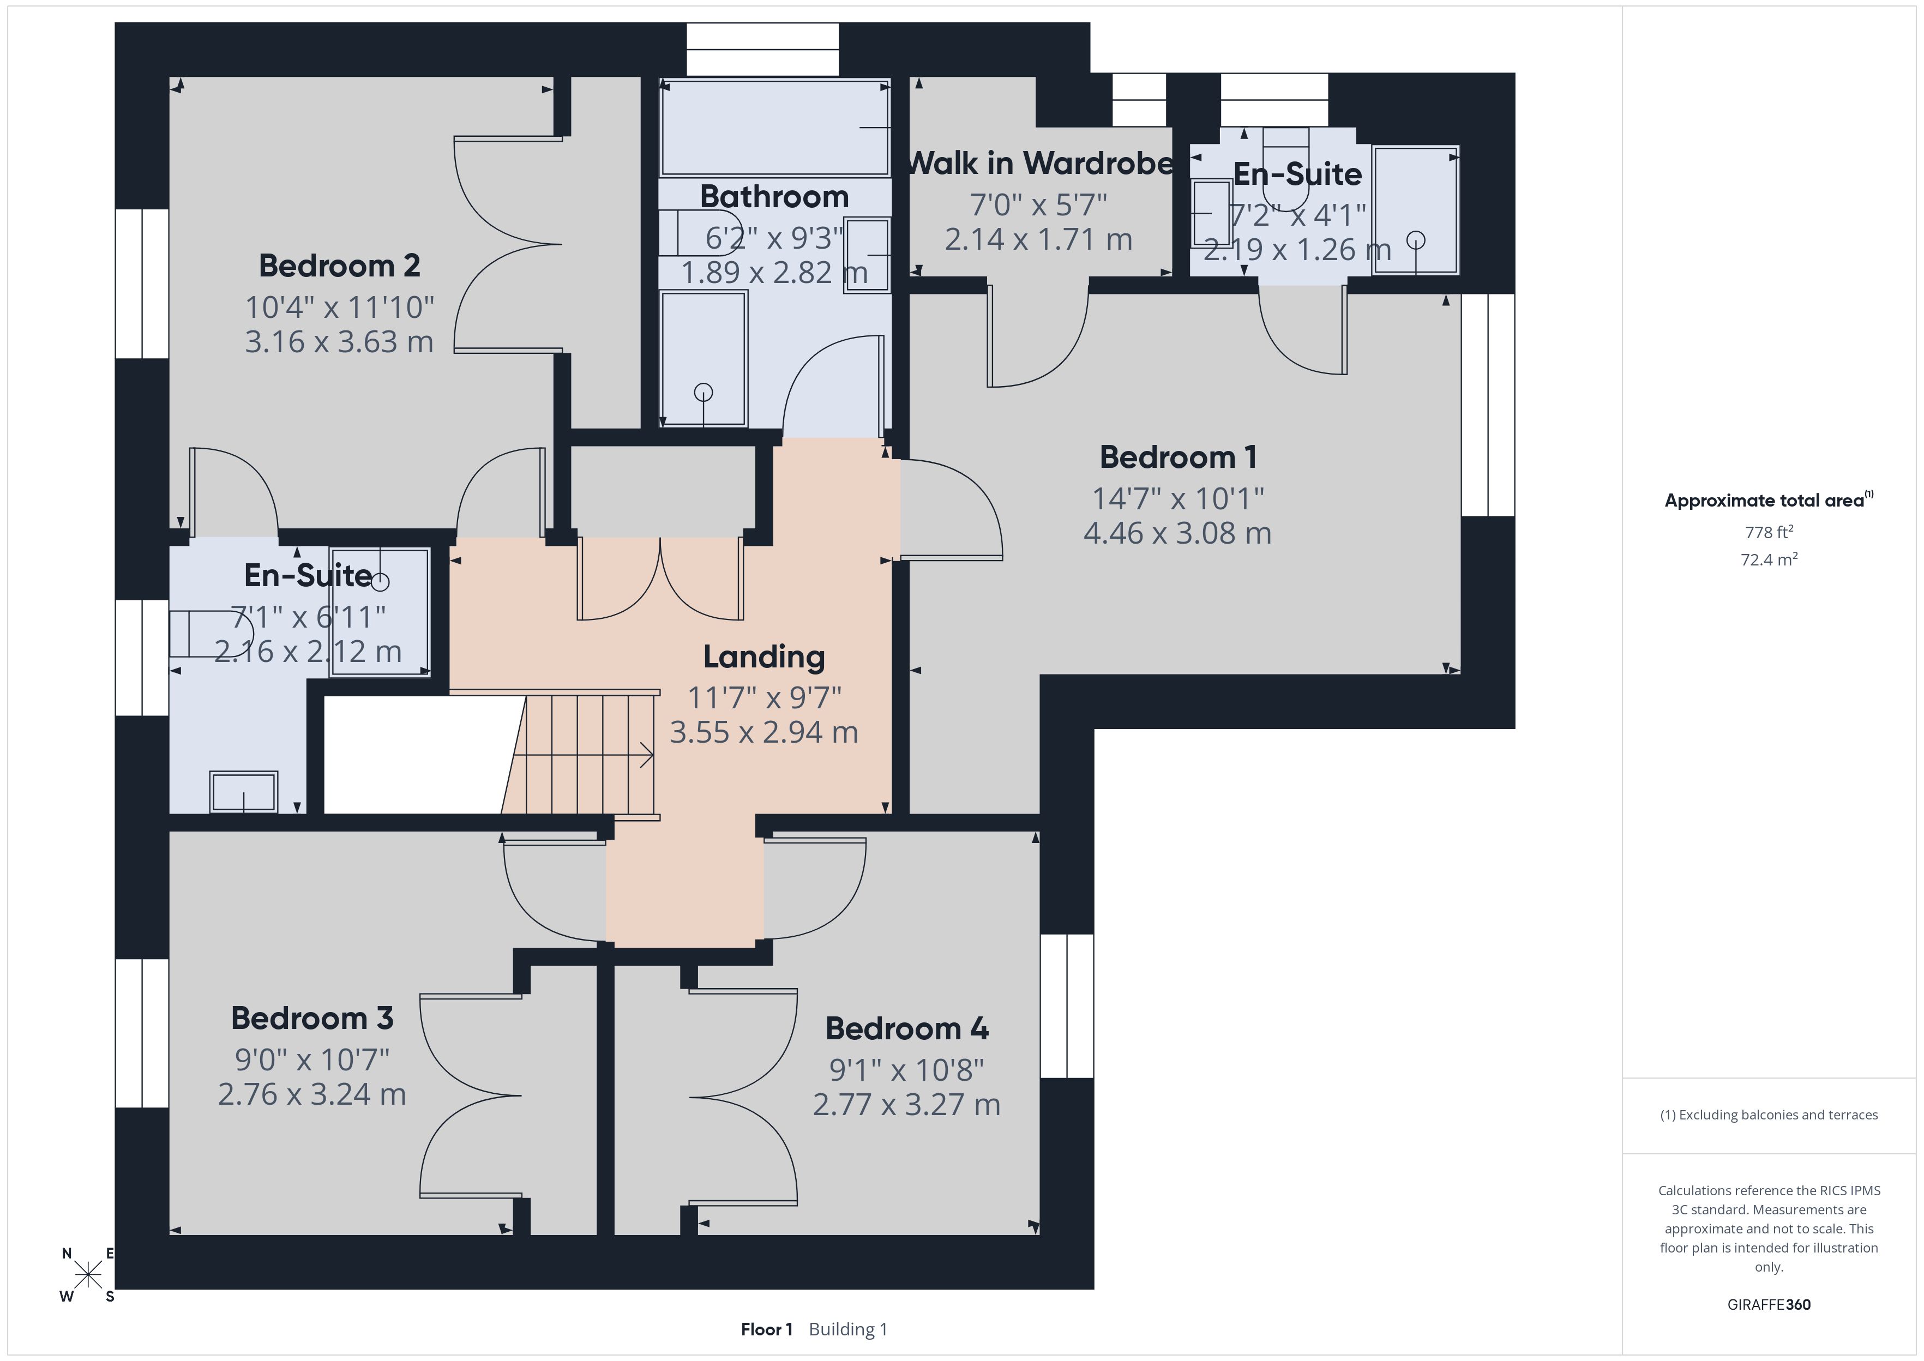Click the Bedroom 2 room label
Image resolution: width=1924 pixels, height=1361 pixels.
[x=339, y=266]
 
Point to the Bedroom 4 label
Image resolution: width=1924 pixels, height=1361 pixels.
[x=907, y=1028]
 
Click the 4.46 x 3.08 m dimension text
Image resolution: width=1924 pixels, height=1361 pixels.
[x=1177, y=533]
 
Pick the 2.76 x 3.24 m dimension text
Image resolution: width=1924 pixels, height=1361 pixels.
[x=312, y=1094]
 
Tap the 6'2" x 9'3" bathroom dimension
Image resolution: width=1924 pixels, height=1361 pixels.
[x=773, y=238]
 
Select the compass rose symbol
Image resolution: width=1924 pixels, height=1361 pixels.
[x=88, y=1275]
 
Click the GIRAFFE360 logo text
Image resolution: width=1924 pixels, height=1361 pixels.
[x=1769, y=1305]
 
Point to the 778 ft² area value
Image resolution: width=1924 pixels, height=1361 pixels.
[x=1769, y=532]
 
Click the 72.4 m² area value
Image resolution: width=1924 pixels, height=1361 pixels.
[x=1769, y=559]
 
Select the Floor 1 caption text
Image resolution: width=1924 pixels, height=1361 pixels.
[x=767, y=1329]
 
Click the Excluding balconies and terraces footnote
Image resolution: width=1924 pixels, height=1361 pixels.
[x=1769, y=1115]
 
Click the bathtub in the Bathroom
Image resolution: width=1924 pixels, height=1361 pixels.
[x=774, y=128]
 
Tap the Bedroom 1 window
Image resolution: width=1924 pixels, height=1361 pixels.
[x=1488, y=405]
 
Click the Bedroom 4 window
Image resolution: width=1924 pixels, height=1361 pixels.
[x=1067, y=1005]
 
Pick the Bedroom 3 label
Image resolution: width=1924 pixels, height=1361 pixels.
[x=312, y=1018]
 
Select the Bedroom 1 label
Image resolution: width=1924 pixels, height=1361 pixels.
[x=1177, y=457]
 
